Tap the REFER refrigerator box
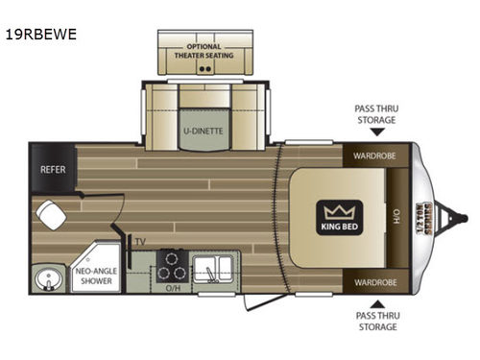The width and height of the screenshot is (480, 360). coord(51,168)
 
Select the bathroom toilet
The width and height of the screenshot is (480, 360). coord(51,214)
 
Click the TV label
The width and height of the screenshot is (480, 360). coord(140,242)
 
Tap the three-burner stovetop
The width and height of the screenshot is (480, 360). coord(171,263)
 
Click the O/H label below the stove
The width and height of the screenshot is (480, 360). coord(173,285)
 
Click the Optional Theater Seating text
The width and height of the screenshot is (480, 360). coord(204,50)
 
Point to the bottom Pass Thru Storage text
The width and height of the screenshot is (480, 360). coord(374,323)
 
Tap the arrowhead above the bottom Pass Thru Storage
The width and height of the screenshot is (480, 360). coord(374,305)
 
